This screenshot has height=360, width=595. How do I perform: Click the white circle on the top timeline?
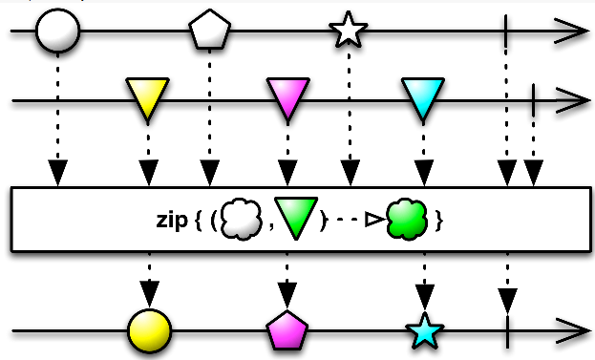click(x=58, y=31)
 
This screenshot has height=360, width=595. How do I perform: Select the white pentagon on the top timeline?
click(x=210, y=30)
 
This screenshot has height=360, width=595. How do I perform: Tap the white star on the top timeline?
click(x=349, y=30)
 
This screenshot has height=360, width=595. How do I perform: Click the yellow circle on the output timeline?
click(x=150, y=331)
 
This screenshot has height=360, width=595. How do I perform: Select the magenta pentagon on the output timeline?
click(x=287, y=330)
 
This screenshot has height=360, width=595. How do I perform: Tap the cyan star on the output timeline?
click(x=425, y=330)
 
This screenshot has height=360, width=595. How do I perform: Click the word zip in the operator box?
click(x=172, y=220)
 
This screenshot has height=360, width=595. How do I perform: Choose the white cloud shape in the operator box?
click(x=242, y=220)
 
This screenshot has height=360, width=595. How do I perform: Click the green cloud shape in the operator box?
click(x=407, y=220)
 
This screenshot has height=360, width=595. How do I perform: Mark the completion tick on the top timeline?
click(x=506, y=31)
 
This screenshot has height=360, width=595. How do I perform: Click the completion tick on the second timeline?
click(x=533, y=100)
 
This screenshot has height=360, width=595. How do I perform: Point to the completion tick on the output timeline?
click(x=507, y=331)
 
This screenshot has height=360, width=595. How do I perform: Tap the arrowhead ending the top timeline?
click(x=571, y=31)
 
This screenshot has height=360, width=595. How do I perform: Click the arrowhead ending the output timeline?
click(x=573, y=331)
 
